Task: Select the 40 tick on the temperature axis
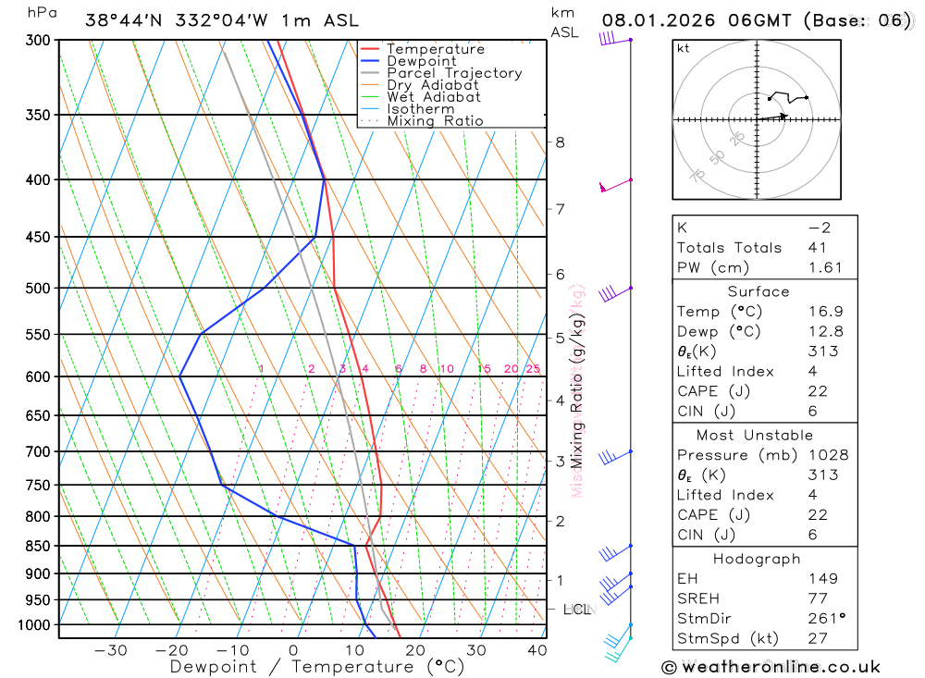[x=536, y=650]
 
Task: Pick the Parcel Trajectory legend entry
[x=454, y=73]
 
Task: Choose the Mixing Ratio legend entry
[x=435, y=120]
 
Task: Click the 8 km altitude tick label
[x=560, y=142]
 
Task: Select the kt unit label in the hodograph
[x=684, y=49]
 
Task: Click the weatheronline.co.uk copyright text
[x=771, y=667]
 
